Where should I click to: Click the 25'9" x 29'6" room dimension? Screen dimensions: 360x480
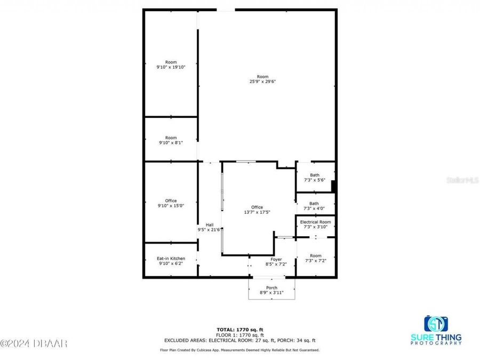(262, 82)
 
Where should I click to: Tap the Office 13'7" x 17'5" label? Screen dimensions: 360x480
(257, 210)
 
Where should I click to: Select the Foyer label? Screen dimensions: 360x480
(276, 261)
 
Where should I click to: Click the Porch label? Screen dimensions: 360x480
(271, 290)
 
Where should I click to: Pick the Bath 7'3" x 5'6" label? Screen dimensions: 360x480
(315, 178)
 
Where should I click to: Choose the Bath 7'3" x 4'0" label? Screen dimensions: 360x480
(315, 206)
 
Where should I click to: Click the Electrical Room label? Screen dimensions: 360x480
(315, 224)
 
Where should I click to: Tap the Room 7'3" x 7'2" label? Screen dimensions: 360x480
(315, 258)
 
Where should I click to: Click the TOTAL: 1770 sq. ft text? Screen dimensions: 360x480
(239, 329)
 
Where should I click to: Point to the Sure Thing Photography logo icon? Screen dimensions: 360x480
(436, 324)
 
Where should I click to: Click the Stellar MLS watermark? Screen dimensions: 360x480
(465, 181)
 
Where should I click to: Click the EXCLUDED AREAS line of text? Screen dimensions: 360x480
(239, 340)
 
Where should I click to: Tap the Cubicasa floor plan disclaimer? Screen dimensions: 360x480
(239, 350)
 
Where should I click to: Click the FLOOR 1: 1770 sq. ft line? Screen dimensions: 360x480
(239, 334)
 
